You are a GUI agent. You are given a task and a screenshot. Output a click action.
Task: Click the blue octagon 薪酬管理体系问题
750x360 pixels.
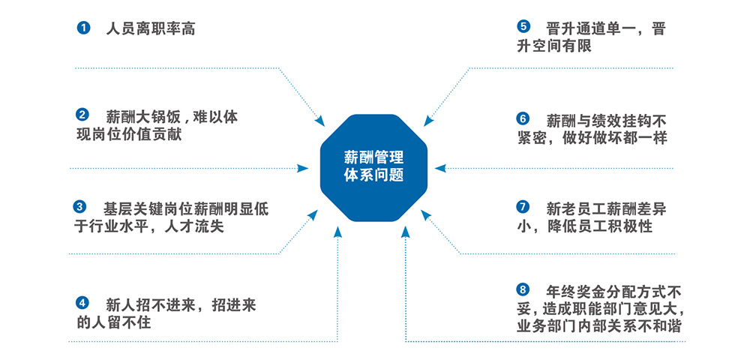[373, 168]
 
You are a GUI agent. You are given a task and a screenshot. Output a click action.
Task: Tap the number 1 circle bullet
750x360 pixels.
[84, 28]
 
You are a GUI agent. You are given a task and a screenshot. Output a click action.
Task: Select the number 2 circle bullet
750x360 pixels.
[82, 115]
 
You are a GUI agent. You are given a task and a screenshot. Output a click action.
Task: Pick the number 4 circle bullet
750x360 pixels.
[82, 303]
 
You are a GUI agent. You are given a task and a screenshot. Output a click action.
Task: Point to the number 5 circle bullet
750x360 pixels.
[523, 26]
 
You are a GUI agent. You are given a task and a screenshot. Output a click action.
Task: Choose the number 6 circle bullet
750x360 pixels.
[523, 118]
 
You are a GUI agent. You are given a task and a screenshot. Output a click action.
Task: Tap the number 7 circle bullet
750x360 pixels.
[523, 207]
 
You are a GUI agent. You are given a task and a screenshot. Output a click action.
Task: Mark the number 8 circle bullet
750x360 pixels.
[523, 289]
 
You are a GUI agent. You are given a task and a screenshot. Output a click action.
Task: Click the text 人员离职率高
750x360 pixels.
[150, 28]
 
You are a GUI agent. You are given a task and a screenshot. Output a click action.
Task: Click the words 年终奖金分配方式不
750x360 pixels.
[614, 290]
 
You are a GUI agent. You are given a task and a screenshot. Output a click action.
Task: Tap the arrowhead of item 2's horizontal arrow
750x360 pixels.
[302, 168]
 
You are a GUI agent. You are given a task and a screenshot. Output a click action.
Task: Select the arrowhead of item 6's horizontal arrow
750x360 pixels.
[440, 168]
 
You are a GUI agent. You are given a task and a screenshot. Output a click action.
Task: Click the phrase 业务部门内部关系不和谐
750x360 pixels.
[599, 326]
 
